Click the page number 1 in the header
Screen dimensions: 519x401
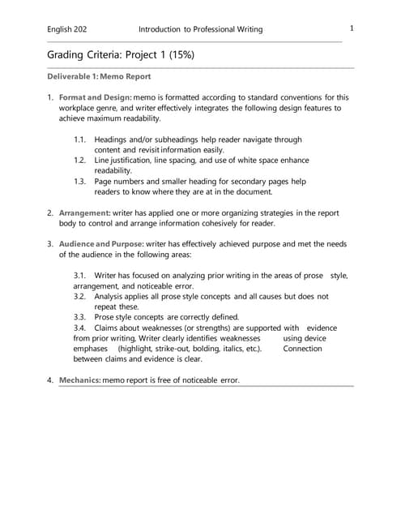[x=352, y=28]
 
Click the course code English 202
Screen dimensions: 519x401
[x=67, y=29]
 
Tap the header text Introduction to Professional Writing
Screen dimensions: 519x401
[x=200, y=29]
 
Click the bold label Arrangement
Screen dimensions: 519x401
[x=84, y=212]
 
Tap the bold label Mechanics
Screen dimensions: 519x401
[x=79, y=380]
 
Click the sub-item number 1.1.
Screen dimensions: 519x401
[x=79, y=139]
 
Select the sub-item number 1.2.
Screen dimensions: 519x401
[x=79, y=161]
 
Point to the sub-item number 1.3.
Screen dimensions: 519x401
[x=79, y=182]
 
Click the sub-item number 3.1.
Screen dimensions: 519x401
[x=79, y=276]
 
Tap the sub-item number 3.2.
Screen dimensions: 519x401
[x=79, y=297]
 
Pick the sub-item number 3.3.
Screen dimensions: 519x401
[x=79, y=317]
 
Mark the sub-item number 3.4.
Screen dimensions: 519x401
[x=79, y=328]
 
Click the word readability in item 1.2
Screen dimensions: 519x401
[x=113, y=171]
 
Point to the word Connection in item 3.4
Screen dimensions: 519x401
[x=302, y=349]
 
